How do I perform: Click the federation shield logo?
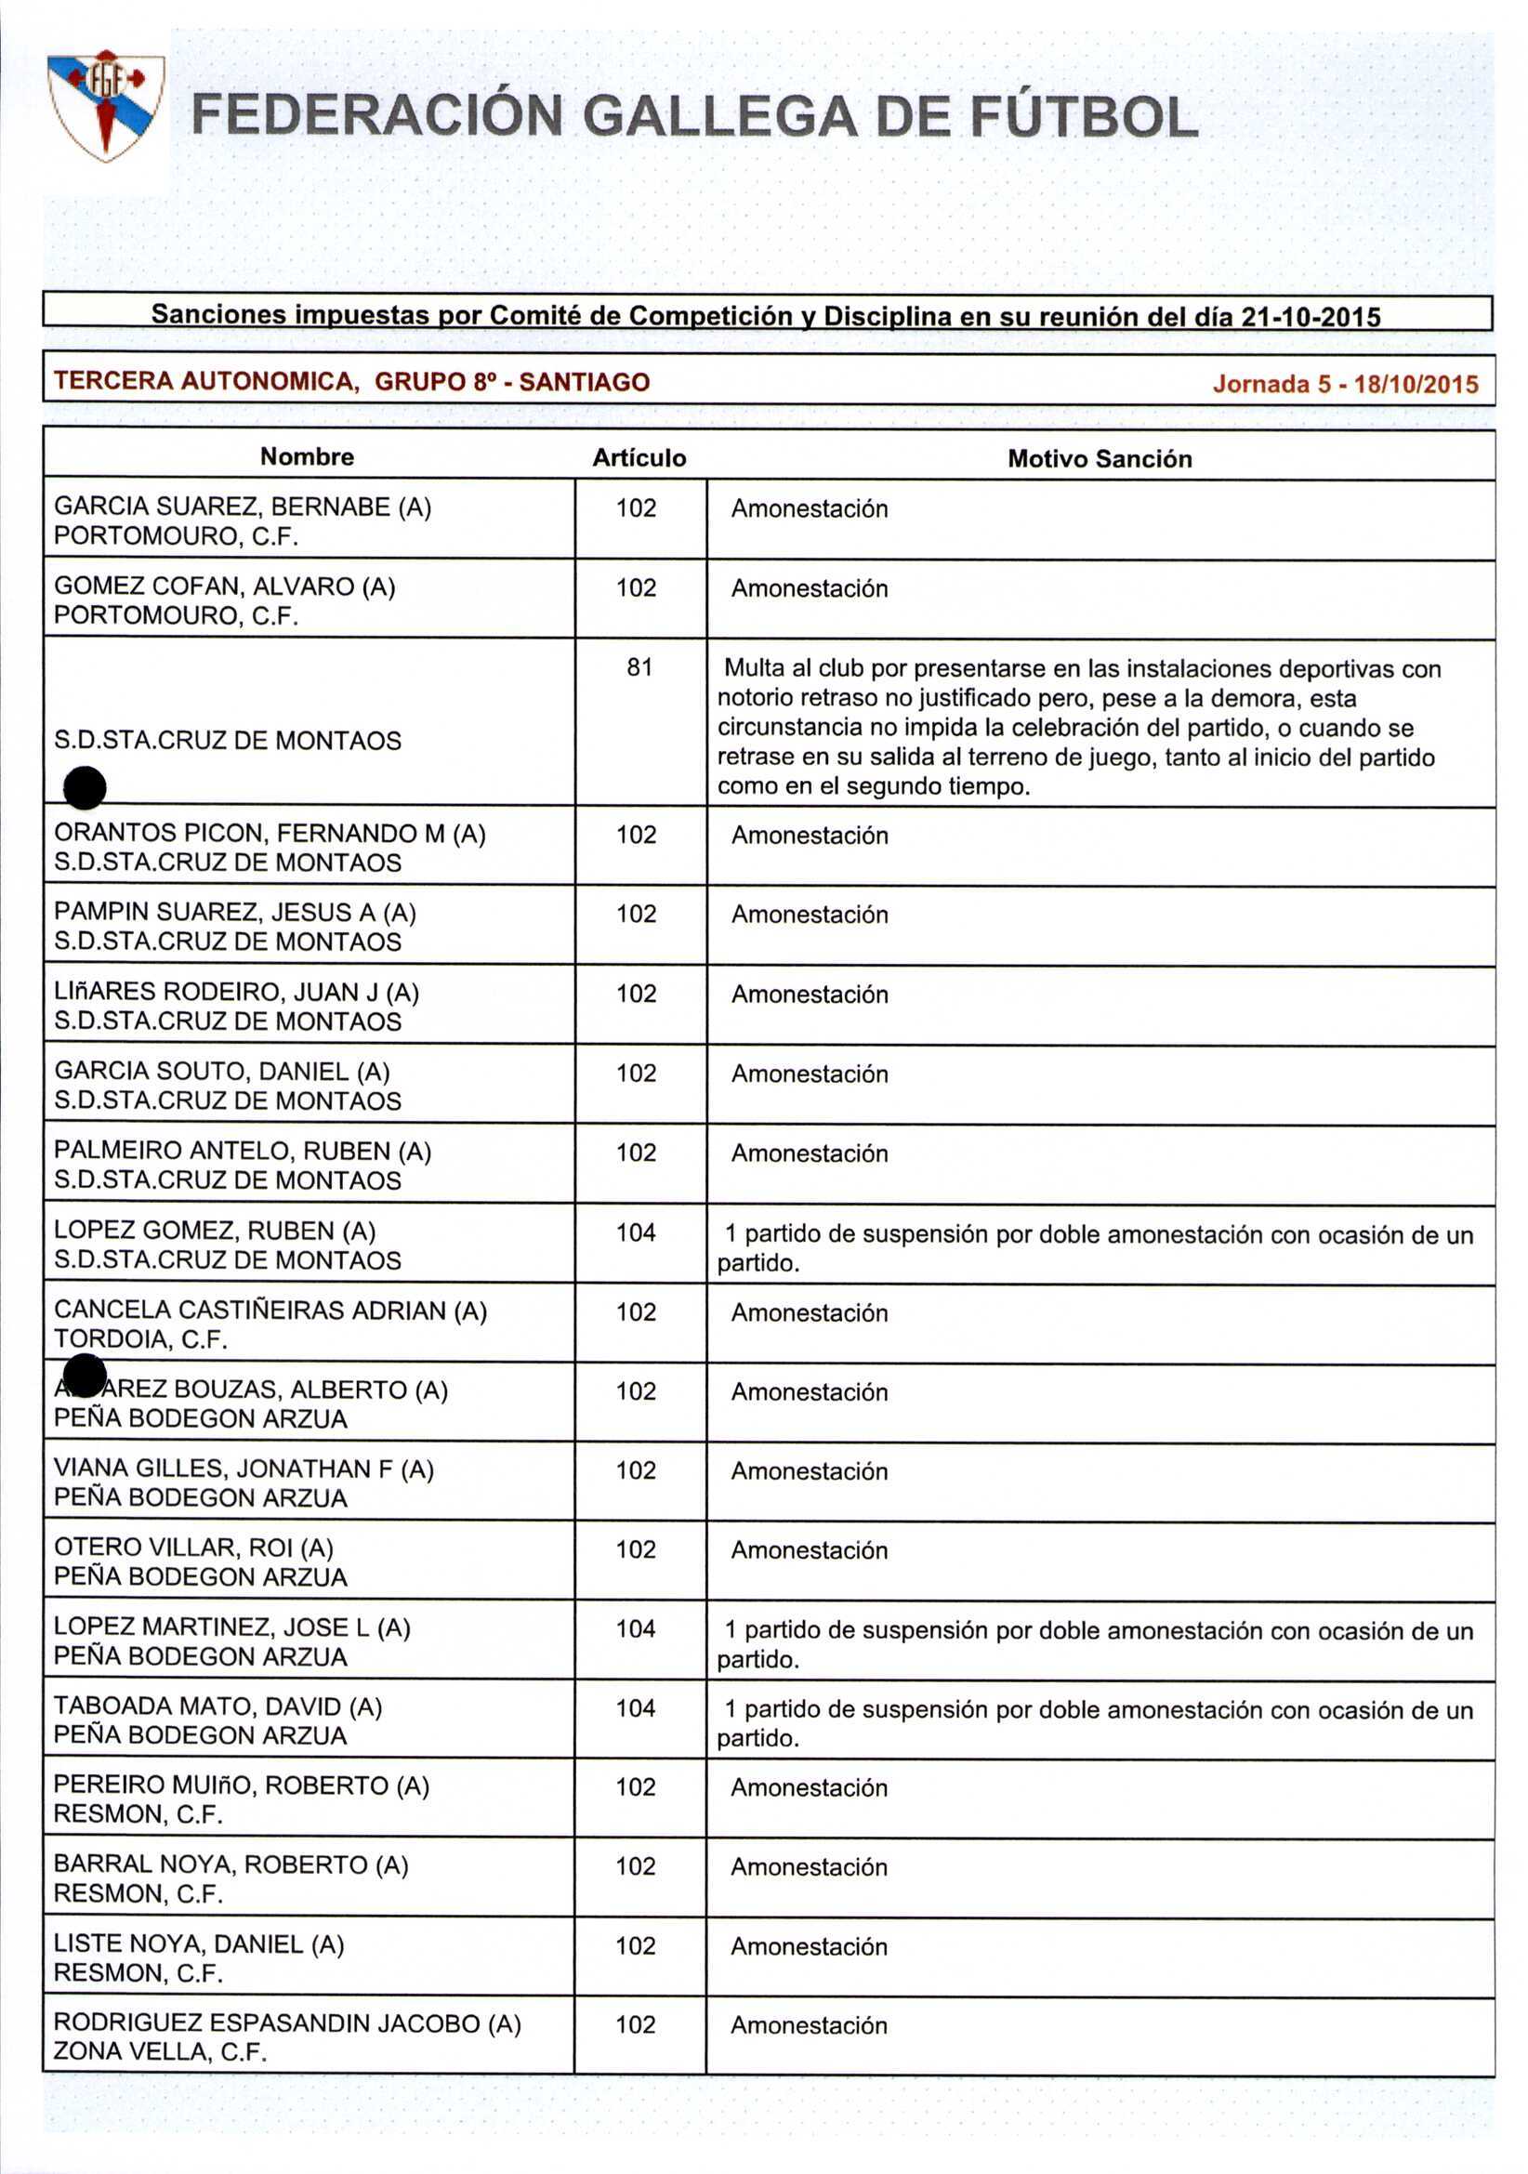106,105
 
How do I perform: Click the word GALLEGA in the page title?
719,117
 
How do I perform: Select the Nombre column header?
307,456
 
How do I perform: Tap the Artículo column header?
639,458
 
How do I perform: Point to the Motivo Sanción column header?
1100,459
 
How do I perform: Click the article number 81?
639,667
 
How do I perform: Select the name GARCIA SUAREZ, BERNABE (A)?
243,507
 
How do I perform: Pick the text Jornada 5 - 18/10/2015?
1345,384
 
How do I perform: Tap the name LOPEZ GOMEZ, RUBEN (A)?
215,1230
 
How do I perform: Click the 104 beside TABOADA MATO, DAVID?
635,1708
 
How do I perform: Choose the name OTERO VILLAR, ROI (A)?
193,1548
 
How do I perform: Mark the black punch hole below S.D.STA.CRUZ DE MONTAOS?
85,788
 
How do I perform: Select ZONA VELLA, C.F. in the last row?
160,2052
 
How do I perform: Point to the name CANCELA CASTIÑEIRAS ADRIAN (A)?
270,1311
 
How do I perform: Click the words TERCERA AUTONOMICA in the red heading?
204,382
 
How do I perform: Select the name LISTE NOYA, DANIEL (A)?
199,1943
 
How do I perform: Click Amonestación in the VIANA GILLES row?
810,1471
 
